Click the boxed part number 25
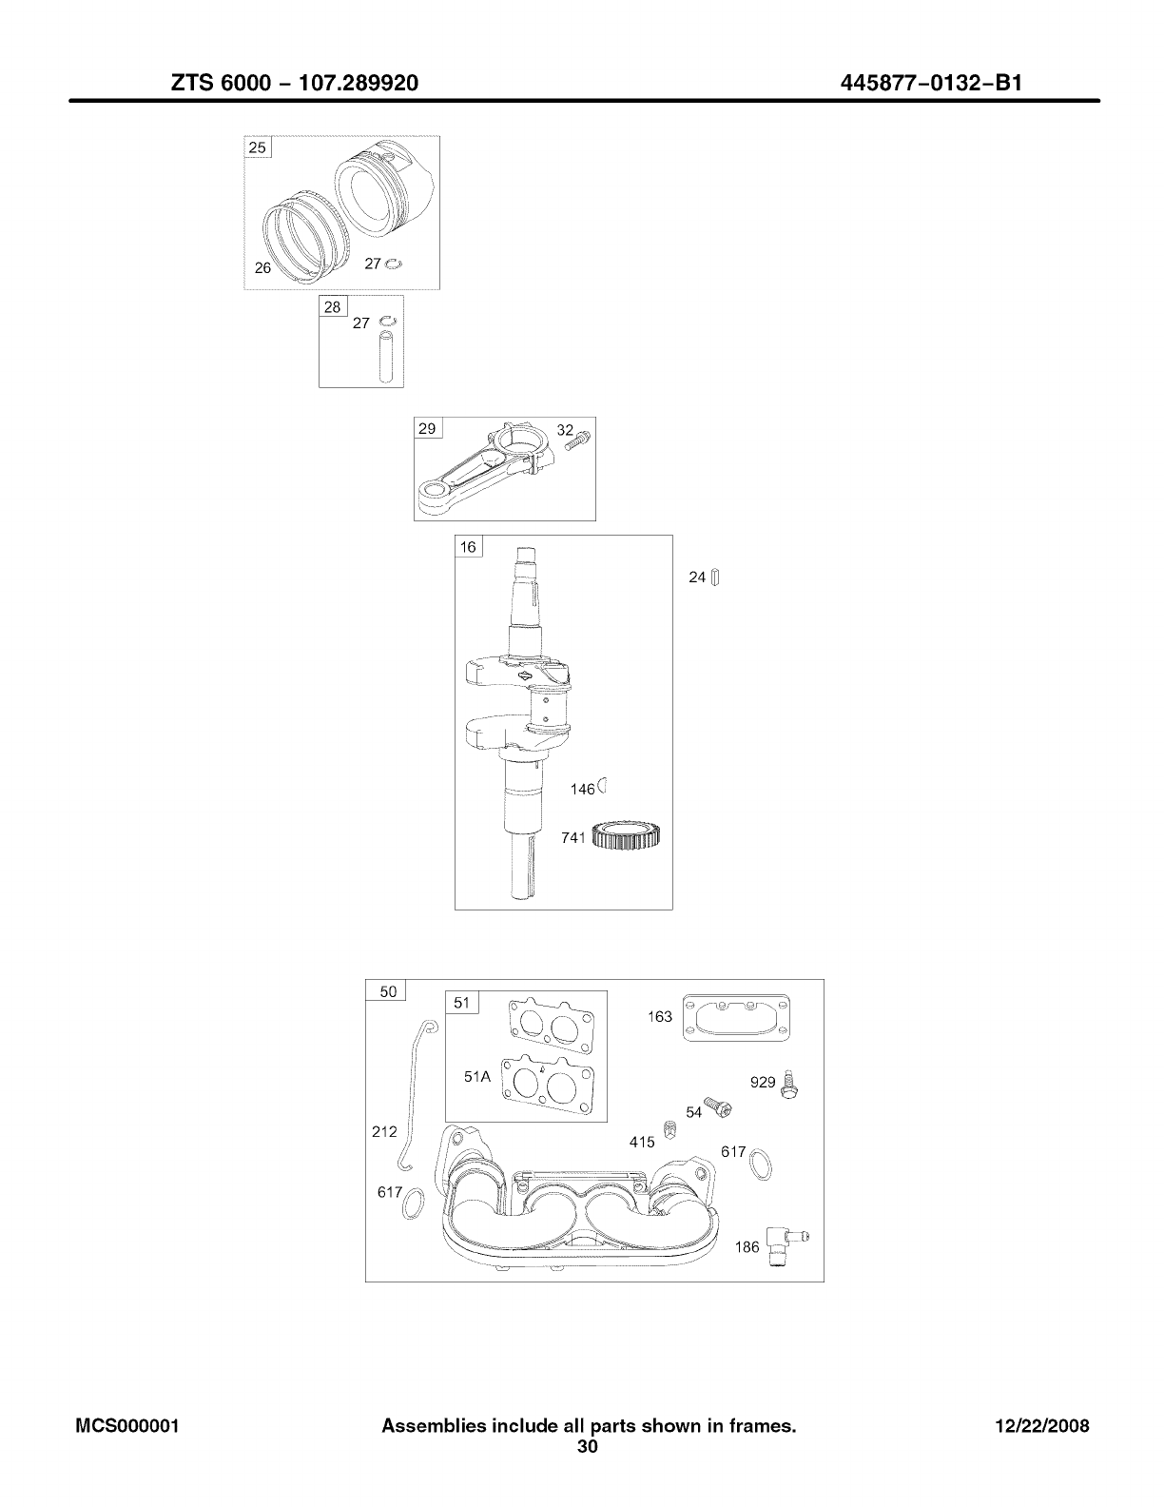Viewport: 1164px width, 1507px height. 258,147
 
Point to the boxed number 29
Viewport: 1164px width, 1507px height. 427,429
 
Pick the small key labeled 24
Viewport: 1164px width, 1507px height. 716,577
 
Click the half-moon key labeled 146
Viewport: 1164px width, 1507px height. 603,787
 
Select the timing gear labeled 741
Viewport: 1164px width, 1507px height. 626,836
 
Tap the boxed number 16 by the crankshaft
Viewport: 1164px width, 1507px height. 468,547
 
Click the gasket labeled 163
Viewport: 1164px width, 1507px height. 737,1018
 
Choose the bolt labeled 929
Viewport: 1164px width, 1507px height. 788,1085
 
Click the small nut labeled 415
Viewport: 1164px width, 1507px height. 669,1129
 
